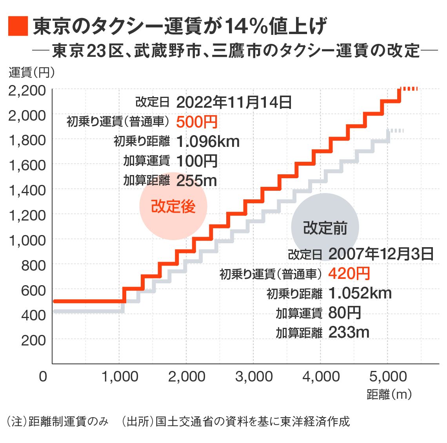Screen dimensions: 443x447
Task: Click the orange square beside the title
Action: pos(18,26)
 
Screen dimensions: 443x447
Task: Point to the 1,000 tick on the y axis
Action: pos(27,240)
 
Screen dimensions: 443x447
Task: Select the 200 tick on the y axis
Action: pos(33,340)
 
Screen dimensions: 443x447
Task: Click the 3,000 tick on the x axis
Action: pos(254,377)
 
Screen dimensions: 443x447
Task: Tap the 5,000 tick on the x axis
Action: pos(388,377)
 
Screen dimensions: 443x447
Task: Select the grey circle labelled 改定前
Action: pos(325,227)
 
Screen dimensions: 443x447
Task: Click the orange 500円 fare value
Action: pos(197,122)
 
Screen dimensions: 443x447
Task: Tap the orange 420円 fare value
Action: pos(349,273)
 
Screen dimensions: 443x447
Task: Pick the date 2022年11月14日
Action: pos(234,103)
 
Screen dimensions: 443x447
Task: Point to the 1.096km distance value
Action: pos(208,141)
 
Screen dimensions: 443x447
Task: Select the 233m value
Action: pos(349,332)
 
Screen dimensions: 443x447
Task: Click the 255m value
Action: pos(196,181)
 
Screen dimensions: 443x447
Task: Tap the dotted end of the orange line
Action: pos(410,89)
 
